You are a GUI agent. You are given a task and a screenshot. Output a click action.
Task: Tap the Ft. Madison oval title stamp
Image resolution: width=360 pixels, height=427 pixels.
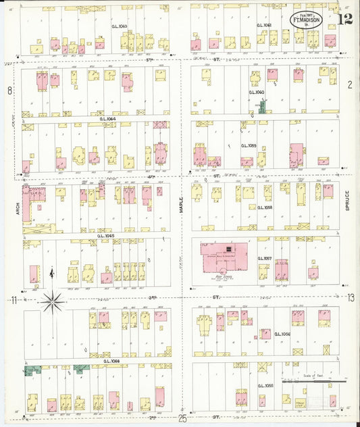coord(306,20)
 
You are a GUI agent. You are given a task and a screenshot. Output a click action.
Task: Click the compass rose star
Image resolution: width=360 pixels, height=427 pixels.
coord(52,302)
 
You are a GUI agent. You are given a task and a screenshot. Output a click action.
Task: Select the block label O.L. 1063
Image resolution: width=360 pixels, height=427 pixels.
coord(119,26)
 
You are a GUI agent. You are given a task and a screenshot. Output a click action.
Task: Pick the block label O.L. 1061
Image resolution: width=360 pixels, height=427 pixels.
coord(264,26)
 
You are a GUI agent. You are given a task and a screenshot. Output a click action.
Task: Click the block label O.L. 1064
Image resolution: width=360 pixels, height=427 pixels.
coord(107,119)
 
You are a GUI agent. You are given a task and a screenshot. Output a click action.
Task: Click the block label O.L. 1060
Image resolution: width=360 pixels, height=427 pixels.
coord(257,92)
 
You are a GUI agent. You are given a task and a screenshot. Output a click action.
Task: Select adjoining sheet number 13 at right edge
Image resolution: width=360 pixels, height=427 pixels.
coord(351,297)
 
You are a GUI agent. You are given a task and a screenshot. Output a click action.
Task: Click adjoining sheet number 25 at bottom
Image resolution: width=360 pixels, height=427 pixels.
coord(182,419)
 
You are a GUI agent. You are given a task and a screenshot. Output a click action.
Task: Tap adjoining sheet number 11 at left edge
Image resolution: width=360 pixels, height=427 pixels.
coord(12,299)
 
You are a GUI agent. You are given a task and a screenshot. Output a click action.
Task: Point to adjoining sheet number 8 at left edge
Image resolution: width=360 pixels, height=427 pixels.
coord(9,90)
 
